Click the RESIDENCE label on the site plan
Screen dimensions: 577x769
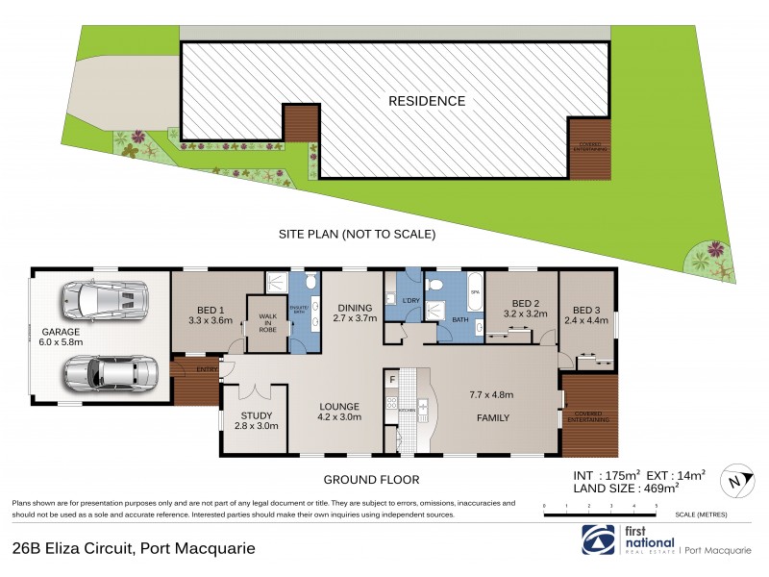click(427, 101)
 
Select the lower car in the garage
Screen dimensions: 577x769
click(108, 373)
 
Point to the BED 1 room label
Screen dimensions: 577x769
click(211, 314)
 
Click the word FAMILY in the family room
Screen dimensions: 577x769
click(490, 417)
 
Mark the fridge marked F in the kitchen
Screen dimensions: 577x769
click(392, 380)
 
